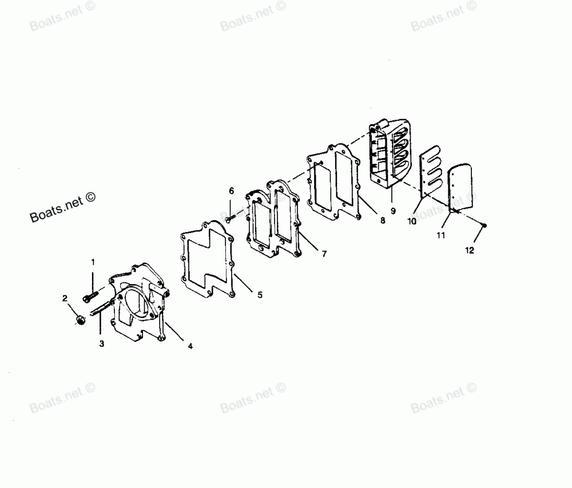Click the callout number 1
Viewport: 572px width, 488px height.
coord(93,262)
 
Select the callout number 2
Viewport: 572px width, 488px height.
coord(65,298)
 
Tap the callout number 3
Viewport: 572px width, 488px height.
coord(101,344)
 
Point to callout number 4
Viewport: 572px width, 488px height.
coord(190,346)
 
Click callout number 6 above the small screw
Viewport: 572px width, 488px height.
coord(231,190)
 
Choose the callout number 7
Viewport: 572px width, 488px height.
coord(324,254)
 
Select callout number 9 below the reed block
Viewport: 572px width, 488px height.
coord(393,211)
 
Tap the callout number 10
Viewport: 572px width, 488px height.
coord(412,222)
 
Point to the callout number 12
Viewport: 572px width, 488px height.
coord(470,250)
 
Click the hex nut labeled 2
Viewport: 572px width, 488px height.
coord(80,319)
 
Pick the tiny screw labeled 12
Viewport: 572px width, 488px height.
coord(484,226)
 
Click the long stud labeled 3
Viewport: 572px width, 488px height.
coord(103,309)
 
